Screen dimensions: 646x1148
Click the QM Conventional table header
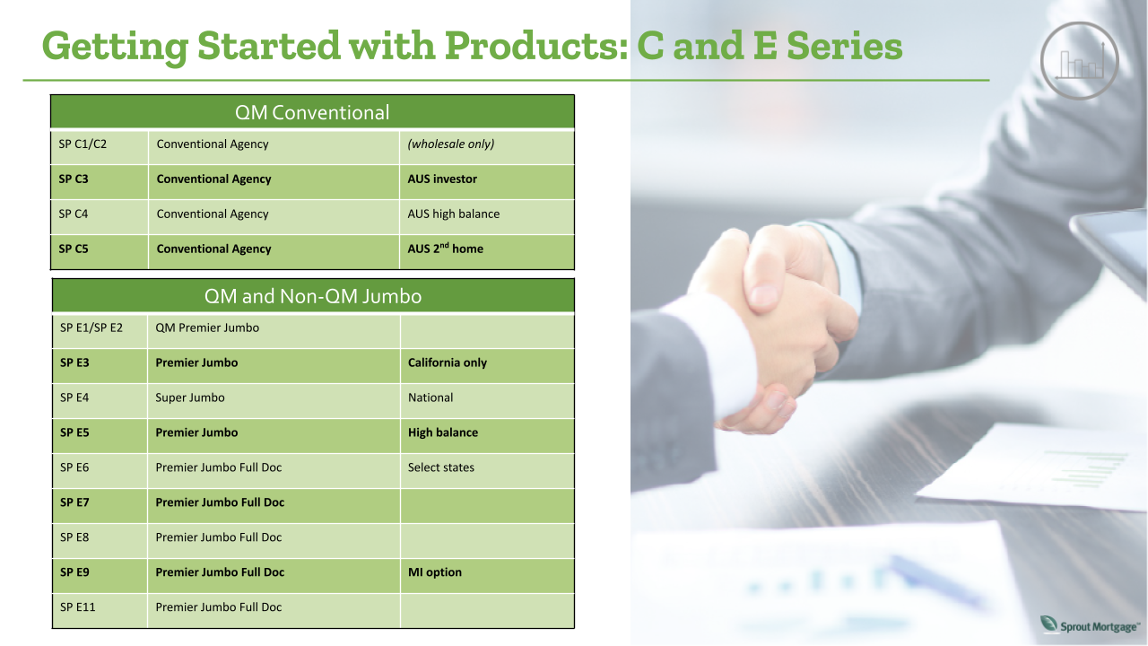(312, 112)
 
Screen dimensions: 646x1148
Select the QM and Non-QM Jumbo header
(312, 295)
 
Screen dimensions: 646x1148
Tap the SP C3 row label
(74, 179)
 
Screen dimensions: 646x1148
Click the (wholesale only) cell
(451, 144)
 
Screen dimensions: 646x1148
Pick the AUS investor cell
(442, 179)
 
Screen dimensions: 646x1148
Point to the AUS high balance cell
(454, 214)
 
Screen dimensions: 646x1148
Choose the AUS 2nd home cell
(445, 249)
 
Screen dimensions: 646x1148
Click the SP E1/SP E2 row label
(91, 327)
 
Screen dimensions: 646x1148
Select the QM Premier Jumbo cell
(207, 327)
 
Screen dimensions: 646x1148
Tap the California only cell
(448, 362)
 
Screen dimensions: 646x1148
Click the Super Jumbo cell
(190, 397)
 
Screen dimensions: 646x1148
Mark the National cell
(430, 397)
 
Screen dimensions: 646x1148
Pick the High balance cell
(443, 432)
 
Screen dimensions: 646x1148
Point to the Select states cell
(441, 467)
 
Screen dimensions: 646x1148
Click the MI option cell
(435, 572)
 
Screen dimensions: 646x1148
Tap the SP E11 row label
(78, 607)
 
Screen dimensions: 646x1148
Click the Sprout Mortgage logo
(1089, 624)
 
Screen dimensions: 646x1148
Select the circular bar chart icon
(1079, 61)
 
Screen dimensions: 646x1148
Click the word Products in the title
(533, 46)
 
